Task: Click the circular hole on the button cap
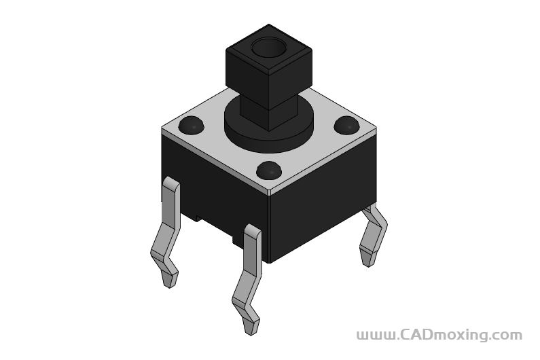268,49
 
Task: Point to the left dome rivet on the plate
191,125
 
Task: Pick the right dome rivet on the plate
347,124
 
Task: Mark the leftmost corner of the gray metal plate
162,128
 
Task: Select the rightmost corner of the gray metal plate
375,128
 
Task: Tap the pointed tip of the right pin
369,264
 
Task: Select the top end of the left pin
170,182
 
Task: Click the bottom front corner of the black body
270,262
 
